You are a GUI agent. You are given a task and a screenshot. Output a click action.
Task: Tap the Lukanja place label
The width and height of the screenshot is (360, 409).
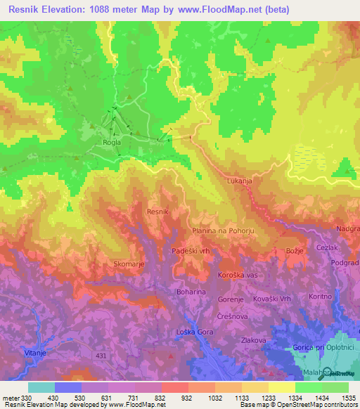click(240, 181)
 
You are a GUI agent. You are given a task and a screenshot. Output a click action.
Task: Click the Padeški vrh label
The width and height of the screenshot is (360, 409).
click(191, 250)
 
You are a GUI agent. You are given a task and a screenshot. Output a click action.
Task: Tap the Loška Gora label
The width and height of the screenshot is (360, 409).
click(190, 331)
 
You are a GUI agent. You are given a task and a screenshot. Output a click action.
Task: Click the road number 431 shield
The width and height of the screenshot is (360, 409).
click(102, 356)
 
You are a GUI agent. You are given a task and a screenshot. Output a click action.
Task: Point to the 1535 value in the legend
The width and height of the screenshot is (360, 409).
click(348, 397)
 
